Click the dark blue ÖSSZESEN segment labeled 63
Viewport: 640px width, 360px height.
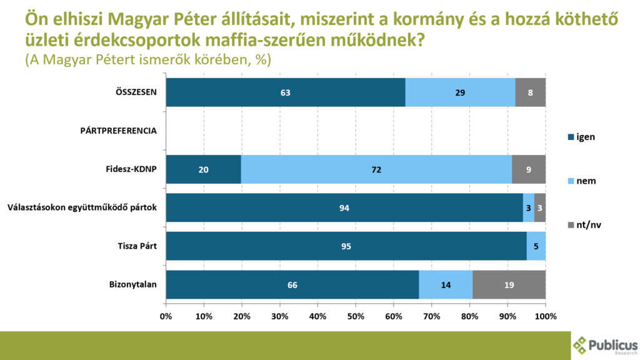286,92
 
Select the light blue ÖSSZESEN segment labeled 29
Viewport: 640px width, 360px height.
460,92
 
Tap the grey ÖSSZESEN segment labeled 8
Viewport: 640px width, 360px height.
530,92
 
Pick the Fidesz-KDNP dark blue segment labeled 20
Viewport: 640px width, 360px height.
204,169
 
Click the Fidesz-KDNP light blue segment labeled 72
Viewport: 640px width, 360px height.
376,169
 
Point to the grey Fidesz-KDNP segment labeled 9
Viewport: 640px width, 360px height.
529,169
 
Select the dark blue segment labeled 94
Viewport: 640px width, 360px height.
344,207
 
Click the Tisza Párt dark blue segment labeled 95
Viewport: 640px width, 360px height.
346,246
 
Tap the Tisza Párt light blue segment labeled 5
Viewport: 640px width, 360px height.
536,246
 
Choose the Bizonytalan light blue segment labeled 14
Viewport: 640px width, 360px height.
446,284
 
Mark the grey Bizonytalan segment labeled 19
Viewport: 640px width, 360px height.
509,284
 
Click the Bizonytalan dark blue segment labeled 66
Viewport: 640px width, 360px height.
292,284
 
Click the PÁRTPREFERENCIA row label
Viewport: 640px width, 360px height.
118,131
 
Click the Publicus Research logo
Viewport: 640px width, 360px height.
605,345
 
